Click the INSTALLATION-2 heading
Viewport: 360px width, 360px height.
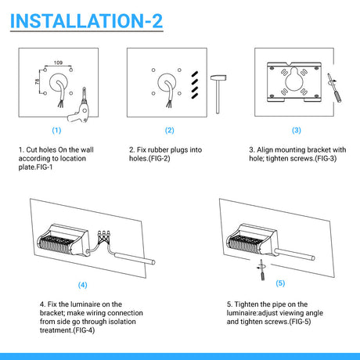tap(86, 20)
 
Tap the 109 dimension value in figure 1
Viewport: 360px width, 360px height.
tap(58, 63)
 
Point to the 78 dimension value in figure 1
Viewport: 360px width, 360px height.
tap(38, 81)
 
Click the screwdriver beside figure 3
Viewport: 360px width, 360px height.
tap(335, 87)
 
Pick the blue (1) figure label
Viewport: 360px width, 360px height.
tap(56, 130)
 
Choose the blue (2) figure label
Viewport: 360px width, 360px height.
tap(170, 130)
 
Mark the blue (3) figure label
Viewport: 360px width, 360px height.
tap(297, 130)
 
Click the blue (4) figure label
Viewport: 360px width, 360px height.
tap(83, 285)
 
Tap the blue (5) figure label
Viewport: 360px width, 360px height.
tap(280, 283)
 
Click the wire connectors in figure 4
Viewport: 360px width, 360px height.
tap(103, 236)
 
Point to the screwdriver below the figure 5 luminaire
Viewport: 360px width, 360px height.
tap(261, 270)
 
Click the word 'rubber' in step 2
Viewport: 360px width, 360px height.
tap(158, 149)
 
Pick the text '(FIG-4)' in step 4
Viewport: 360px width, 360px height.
tap(84, 330)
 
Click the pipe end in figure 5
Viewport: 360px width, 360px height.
tap(313, 258)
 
